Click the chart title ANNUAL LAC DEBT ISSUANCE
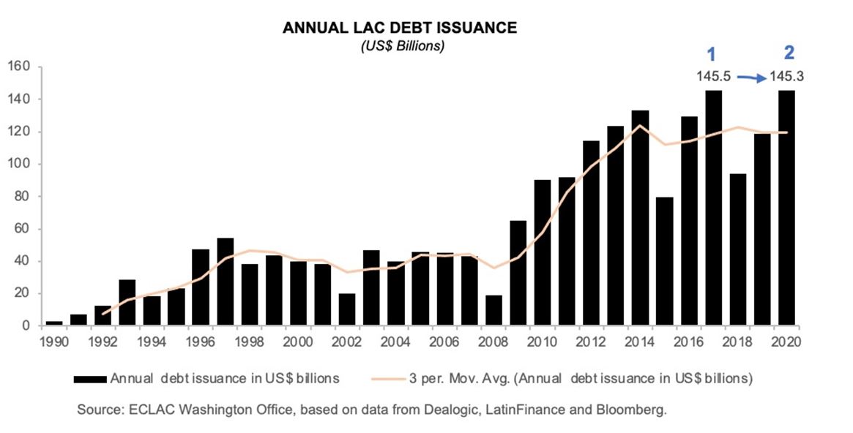(399, 29)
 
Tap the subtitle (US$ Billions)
(399, 46)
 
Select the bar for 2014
(641, 218)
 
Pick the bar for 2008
(493, 310)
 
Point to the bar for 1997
(225, 282)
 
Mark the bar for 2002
(347, 309)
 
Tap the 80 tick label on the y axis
(21, 197)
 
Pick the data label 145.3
(787, 75)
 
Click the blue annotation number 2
(789, 52)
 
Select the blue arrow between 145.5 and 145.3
(750, 76)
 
